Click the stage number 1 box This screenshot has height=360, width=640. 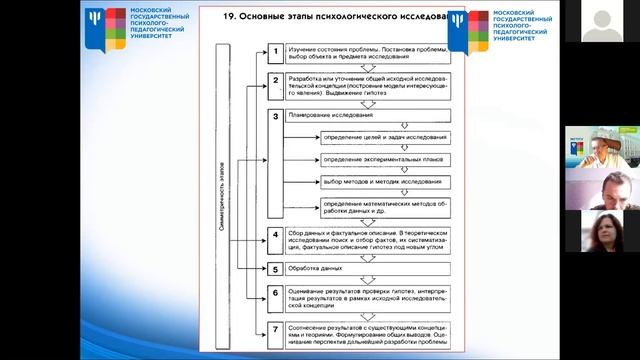(x=273, y=51)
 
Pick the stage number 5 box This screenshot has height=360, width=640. (x=273, y=269)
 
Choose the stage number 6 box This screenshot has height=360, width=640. (x=273, y=294)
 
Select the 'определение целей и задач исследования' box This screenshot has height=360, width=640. (x=385, y=137)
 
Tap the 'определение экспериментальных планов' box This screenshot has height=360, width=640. (x=385, y=160)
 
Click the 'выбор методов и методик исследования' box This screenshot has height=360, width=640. (x=385, y=183)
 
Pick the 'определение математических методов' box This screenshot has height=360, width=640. (x=385, y=207)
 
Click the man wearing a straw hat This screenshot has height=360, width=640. (x=601, y=148)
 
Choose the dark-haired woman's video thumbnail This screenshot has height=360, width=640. (x=601, y=229)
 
